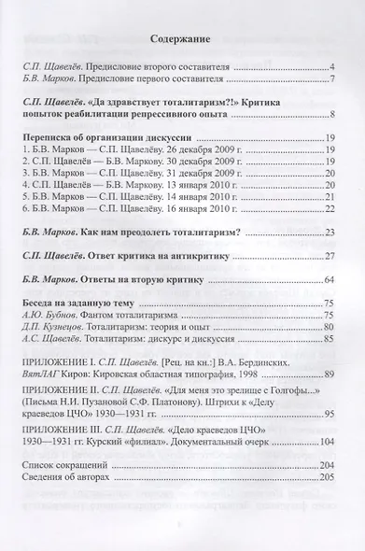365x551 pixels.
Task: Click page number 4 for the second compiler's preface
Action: click(331, 68)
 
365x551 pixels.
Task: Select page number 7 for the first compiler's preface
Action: click(331, 80)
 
